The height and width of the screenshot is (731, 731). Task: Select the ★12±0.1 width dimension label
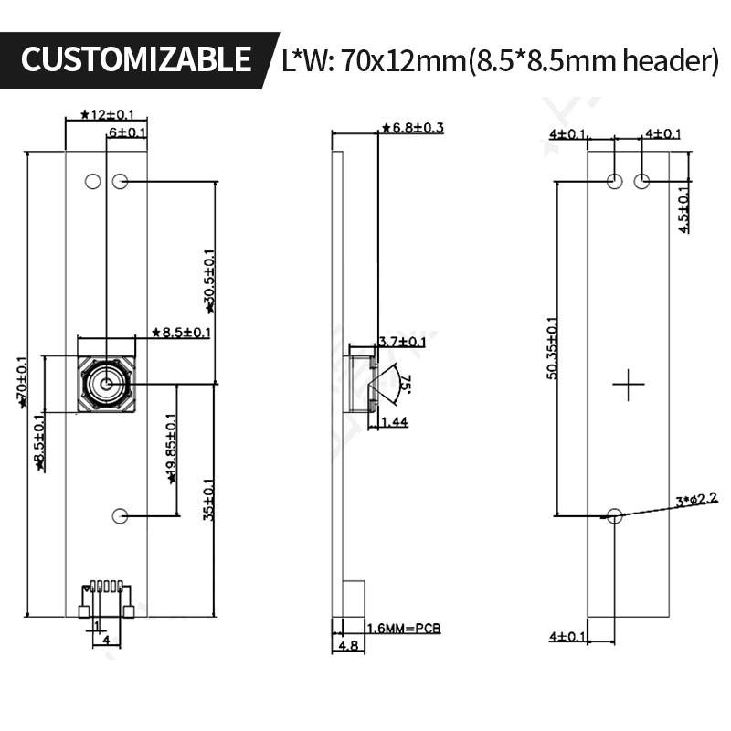(107, 114)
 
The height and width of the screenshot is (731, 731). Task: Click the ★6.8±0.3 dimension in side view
(412, 128)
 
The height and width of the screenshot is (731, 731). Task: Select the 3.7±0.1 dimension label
(401, 342)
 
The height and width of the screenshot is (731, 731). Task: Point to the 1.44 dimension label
(393, 421)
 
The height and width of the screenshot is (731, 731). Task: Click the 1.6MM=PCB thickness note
(403, 629)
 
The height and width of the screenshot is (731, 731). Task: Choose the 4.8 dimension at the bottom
(348, 645)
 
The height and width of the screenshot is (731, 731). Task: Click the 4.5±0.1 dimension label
(684, 210)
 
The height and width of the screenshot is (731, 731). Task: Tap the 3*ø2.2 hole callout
(697, 499)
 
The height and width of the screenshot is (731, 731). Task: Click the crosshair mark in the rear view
(629, 385)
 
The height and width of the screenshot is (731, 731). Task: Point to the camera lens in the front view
(106, 385)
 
